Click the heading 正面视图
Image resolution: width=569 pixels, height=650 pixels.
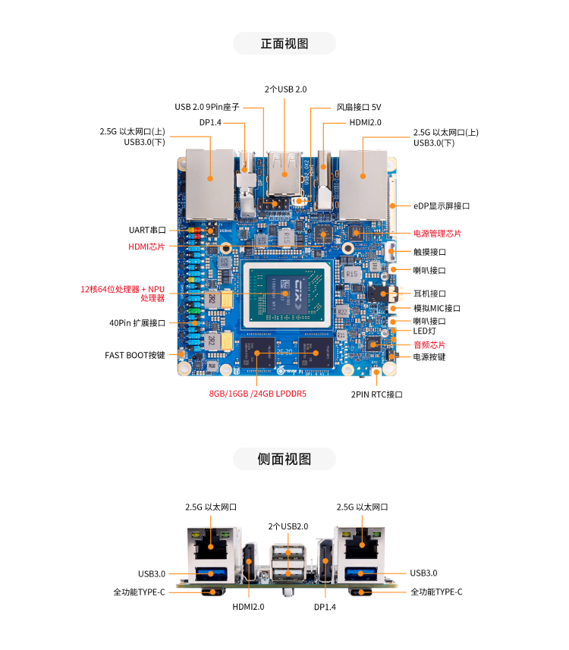[x=284, y=43]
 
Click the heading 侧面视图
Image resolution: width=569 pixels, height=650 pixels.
[x=284, y=459]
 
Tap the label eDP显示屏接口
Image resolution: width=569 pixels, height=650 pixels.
[x=442, y=206]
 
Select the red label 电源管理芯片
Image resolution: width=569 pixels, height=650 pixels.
[x=437, y=234]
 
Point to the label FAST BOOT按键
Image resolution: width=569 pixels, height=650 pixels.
[x=135, y=355]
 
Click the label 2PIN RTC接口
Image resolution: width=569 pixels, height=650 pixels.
[x=376, y=394]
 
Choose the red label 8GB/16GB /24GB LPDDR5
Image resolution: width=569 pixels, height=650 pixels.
[x=257, y=394]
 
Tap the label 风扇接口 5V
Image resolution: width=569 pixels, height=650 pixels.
[x=359, y=108]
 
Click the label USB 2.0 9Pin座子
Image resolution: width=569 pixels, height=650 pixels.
[x=207, y=107]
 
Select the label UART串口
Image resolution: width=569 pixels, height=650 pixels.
[x=147, y=230]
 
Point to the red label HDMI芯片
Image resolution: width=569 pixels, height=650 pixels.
[x=146, y=246]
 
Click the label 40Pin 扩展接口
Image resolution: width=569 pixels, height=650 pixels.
[x=137, y=323]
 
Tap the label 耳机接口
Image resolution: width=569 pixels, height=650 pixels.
[x=429, y=294]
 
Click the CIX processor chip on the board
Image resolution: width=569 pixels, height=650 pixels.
[x=287, y=294]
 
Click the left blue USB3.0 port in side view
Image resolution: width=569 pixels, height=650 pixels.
[x=211, y=574]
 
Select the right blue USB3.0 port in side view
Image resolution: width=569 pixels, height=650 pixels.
[x=360, y=573]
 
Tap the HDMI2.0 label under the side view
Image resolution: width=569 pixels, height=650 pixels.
[x=248, y=607]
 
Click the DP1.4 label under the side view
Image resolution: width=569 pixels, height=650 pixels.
[x=325, y=607]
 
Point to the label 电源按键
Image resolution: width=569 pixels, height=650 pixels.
[x=429, y=357]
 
